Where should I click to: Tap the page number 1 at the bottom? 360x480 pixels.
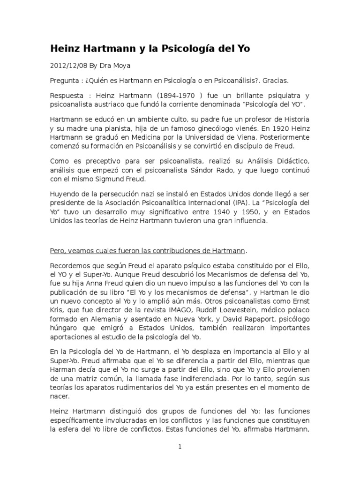pyautogui.click(x=180, y=447)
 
